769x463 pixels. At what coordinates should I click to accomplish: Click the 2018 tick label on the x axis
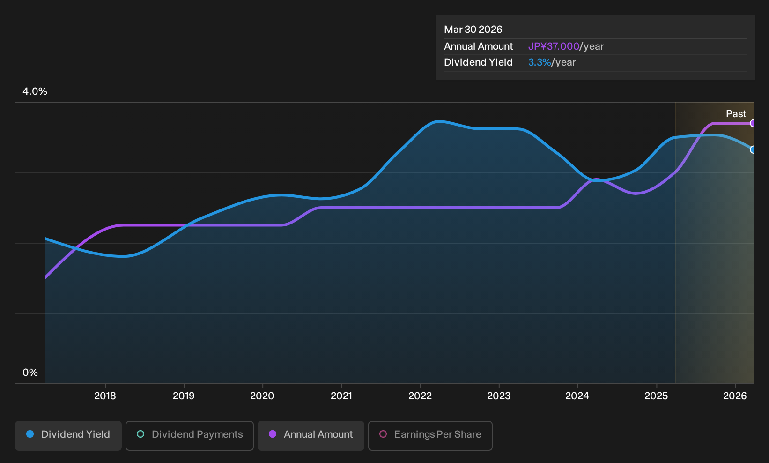[105, 396]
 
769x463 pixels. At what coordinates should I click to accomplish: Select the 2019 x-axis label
[184, 396]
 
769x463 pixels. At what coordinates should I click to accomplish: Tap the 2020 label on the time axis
[262, 396]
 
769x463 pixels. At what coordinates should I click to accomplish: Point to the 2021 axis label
[341, 396]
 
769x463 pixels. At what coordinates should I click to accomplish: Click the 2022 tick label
[420, 396]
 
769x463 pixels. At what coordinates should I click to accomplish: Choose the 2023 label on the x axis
[499, 396]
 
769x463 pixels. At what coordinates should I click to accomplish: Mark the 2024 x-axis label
[577, 396]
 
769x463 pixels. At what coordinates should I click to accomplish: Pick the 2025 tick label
[656, 396]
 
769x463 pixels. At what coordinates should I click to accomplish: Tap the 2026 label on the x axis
[735, 396]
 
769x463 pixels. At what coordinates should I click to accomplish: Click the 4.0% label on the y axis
[35, 91]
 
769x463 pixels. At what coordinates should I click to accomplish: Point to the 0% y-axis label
[30, 373]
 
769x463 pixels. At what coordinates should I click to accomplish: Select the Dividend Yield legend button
[68, 435]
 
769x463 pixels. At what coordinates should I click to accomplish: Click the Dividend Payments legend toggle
[190, 435]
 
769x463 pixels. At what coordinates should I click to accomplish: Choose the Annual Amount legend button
[311, 435]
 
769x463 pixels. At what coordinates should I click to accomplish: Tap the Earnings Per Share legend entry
[430, 435]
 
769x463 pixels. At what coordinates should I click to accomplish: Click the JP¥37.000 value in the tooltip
[554, 46]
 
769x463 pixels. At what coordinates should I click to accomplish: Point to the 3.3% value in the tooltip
[540, 62]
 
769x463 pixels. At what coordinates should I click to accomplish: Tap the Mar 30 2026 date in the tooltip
[473, 30]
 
